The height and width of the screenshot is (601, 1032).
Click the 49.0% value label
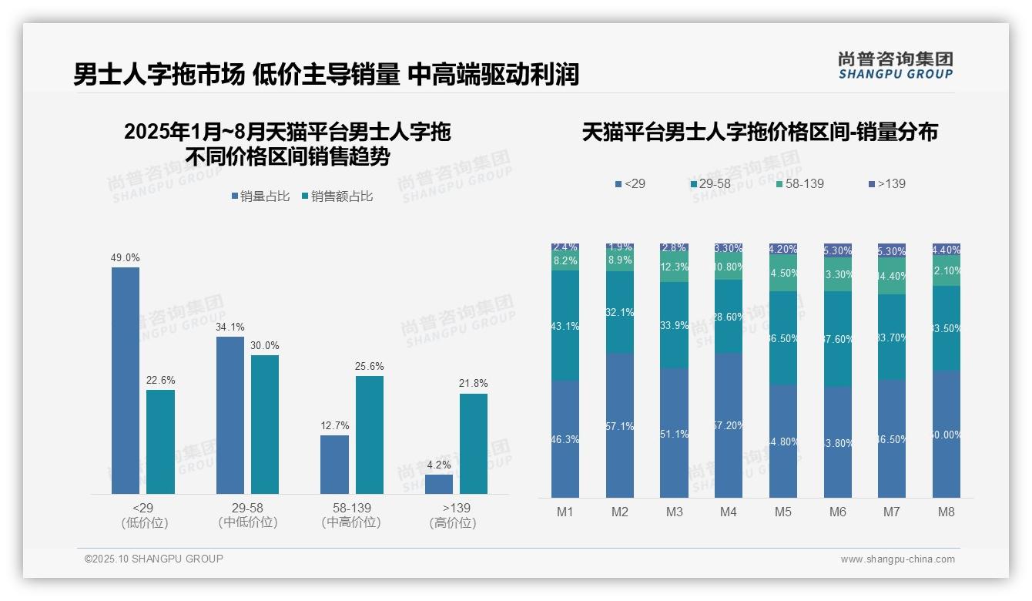tap(126, 258)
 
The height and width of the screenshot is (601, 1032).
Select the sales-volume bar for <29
tap(126, 381)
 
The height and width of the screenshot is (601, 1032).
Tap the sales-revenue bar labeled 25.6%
tap(369, 435)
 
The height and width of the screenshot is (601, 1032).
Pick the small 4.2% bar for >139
tap(439, 484)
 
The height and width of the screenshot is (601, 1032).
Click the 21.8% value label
tap(473, 384)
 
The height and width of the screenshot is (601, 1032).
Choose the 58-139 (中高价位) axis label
tap(351, 515)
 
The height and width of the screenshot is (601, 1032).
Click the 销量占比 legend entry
tap(260, 196)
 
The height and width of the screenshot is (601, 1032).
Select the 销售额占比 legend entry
tap(337, 196)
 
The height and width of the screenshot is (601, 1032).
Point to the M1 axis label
tap(565, 512)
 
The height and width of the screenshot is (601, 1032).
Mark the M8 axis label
tap(947, 512)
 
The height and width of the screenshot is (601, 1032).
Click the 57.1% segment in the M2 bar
tap(620, 425)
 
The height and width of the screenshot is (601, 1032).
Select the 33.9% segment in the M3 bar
tap(674, 325)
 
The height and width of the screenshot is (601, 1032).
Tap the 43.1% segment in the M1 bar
tap(565, 325)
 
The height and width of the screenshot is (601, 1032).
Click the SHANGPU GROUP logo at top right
tap(896, 65)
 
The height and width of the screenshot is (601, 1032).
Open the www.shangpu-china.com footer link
tap(897, 559)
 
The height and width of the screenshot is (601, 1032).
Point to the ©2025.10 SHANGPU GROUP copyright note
tap(154, 559)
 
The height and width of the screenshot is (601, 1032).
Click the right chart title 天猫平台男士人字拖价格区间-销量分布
tap(759, 133)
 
